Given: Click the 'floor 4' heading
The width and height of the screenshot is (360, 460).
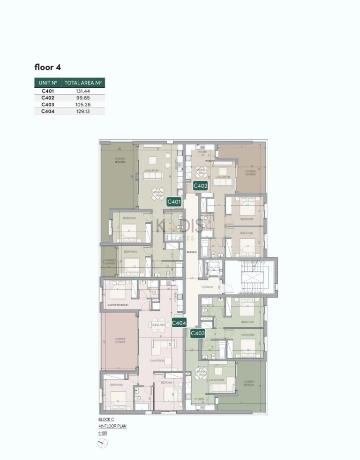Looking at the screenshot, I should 47,67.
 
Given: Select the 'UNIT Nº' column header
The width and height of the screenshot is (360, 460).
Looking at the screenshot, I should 48,83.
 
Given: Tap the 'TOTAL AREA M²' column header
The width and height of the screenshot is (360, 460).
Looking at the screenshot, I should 83,83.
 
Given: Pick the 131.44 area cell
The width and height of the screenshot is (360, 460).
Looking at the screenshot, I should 83,91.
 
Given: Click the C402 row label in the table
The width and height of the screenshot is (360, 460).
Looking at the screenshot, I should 48,98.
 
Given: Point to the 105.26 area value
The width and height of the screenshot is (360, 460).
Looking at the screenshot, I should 83,105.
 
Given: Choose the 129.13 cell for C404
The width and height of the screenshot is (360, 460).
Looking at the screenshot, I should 83,112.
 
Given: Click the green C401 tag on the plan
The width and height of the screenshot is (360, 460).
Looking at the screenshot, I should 174,202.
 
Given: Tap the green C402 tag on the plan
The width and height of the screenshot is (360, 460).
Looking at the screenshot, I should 201,186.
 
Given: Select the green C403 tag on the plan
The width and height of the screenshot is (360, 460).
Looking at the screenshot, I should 197,333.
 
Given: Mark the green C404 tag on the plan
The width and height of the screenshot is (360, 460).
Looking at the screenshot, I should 179,323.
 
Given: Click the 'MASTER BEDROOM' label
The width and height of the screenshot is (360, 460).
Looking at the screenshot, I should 118,305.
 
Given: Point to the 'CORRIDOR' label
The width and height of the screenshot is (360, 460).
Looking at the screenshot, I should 208,287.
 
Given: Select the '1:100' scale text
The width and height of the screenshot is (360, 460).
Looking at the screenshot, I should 102,433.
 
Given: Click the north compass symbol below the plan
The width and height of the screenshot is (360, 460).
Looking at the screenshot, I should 103,445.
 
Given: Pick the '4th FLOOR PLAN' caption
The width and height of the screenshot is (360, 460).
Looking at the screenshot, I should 112,426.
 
